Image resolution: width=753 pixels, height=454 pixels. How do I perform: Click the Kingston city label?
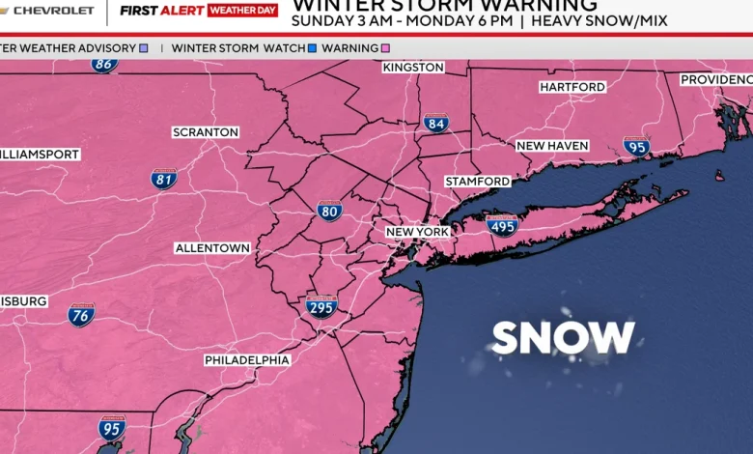(413, 68)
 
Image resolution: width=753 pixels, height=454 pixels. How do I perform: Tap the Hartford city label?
(572, 87)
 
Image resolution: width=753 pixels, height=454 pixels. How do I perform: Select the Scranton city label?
(205, 132)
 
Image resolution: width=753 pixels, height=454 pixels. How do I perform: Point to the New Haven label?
(551, 146)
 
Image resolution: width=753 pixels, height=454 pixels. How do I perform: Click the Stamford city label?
(478, 182)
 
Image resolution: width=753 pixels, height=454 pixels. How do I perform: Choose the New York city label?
(417, 232)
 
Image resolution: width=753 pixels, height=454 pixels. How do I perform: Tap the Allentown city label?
(212, 248)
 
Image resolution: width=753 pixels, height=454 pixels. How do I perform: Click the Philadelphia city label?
(247, 360)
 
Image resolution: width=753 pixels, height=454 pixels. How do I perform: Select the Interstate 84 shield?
(436, 123)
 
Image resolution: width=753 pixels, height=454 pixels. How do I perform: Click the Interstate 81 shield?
(164, 179)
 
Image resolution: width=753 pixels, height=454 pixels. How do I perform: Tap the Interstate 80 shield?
(330, 211)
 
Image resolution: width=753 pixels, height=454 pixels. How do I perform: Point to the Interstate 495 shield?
(502, 226)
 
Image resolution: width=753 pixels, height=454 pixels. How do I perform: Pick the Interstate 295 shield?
(321, 307)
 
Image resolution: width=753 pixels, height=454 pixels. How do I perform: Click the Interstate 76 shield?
(81, 315)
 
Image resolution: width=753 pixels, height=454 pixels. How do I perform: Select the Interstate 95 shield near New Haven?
(636, 147)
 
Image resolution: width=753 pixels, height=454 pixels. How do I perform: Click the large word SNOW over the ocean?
(563, 338)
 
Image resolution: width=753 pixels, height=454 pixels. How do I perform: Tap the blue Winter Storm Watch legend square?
(312, 47)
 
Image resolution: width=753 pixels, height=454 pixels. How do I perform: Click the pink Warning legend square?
(385, 47)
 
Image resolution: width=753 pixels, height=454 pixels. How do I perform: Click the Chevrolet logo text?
(53, 11)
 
